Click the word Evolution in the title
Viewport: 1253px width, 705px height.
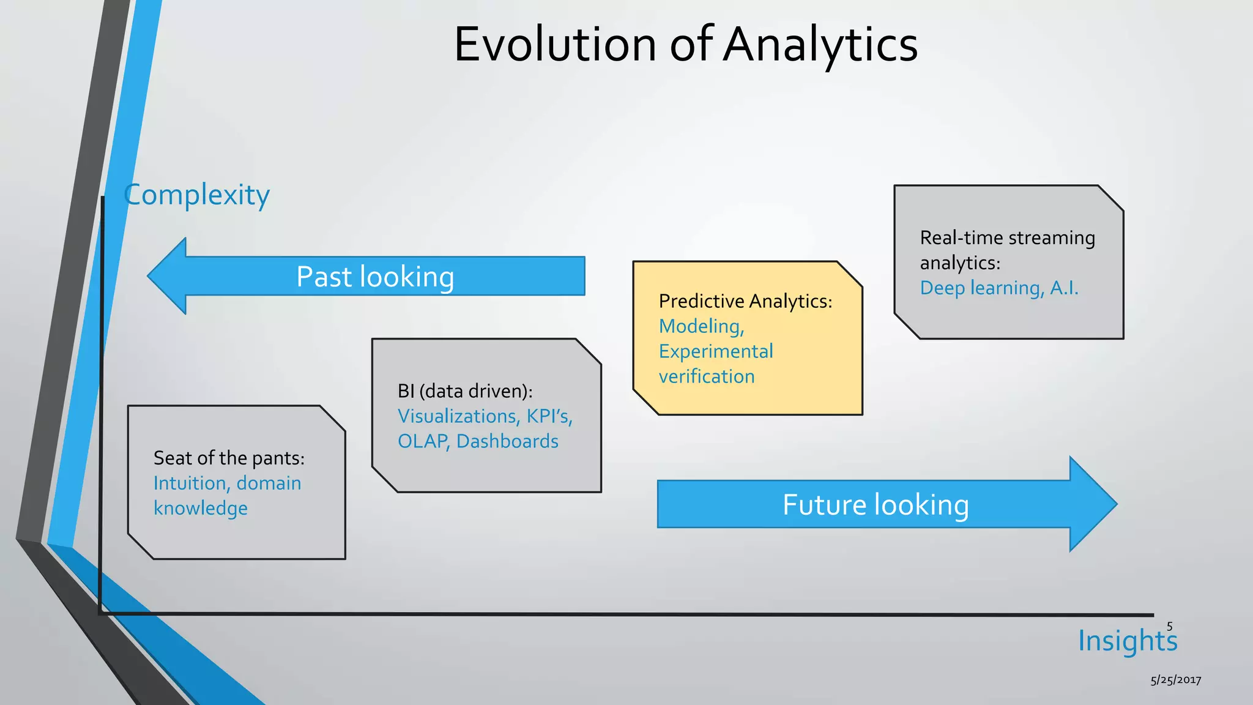tap(555, 45)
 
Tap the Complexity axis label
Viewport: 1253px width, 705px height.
tap(196, 195)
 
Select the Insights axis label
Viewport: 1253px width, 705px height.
tap(1127, 641)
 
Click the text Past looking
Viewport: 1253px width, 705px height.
tap(375, 277)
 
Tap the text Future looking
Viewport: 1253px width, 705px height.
tap(875, 505)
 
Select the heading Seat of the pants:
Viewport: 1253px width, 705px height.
tap(229, 458)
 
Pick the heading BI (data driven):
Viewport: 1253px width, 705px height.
tap(465, 391)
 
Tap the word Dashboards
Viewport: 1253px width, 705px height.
tap(507, 441)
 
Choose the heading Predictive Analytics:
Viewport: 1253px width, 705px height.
tap(745, 301)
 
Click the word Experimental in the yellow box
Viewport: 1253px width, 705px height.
tap(716, 351)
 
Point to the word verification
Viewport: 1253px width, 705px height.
tap(707, 376)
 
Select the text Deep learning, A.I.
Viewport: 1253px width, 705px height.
tap(999, 288)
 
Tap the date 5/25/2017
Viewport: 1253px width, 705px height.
tap(1175, 680)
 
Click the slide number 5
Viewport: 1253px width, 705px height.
tap(1169, 626)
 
